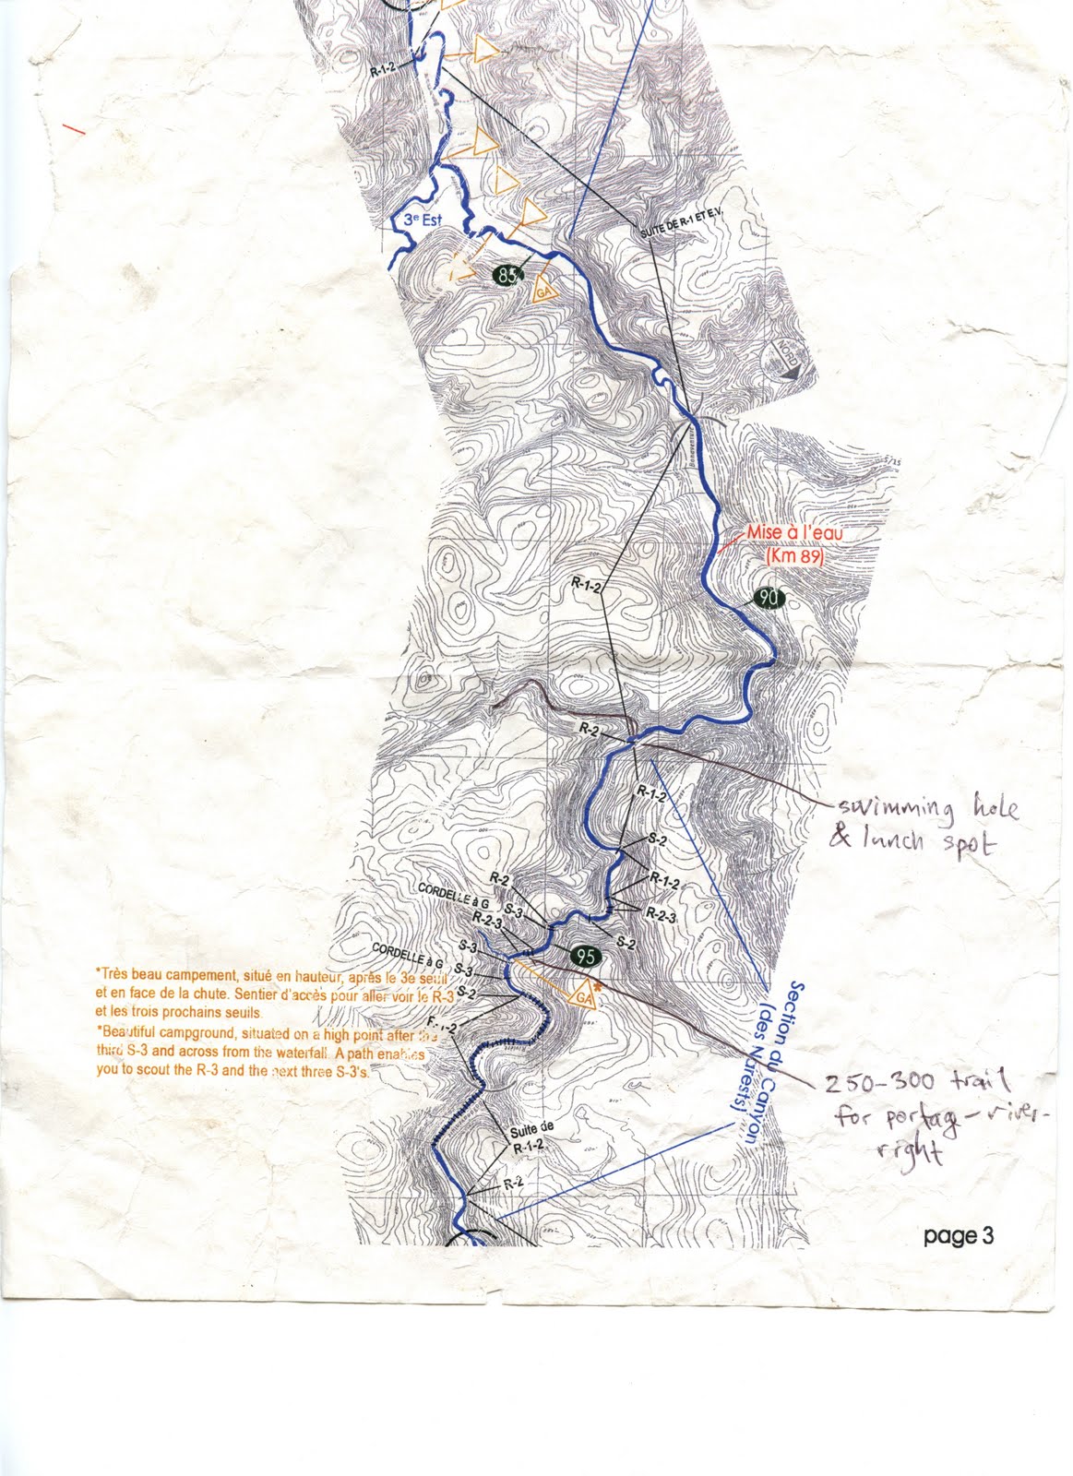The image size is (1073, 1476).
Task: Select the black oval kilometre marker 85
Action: (507, 275)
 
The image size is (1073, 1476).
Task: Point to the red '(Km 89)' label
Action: (793, 558)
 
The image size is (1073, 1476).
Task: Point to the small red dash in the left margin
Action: (74, 129)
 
